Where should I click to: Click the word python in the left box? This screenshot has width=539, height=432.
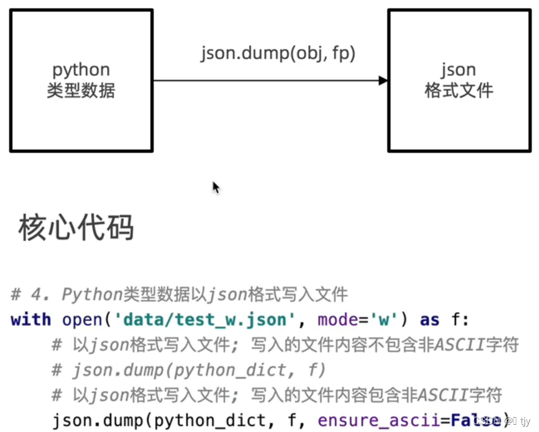(x=81, y=70)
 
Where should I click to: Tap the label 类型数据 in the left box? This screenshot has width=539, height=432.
(x=81, y=90)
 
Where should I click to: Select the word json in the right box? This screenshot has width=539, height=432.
(x=458, y=70)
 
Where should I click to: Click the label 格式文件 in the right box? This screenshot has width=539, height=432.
(x=458, y=90)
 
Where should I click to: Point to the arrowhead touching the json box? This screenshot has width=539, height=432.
(x=383, y=81)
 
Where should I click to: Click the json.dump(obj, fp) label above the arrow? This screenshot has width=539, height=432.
(x=278, y=54)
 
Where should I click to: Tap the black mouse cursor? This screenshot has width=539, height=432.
(x=215, y=188)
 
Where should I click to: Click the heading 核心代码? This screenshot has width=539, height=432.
(x=76, y=228)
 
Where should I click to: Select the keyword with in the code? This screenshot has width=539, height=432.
(x=30, y=320)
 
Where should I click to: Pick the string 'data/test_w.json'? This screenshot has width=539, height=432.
(x=205, y=320)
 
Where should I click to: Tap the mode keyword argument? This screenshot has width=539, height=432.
(x=338, y=320)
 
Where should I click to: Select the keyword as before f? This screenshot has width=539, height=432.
(x=430, y=320)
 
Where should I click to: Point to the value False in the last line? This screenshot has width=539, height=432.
(x=473, y=420)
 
